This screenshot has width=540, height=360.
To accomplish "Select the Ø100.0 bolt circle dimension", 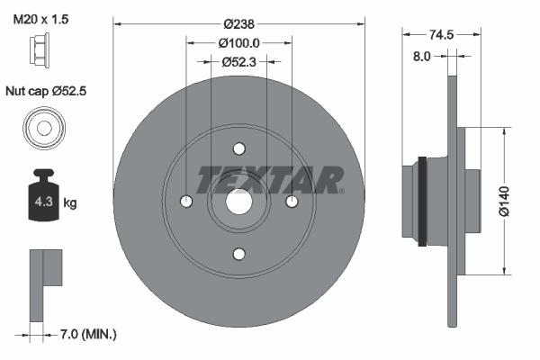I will tap(238, 41).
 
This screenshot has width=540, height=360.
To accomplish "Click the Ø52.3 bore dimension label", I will tap(238, 61).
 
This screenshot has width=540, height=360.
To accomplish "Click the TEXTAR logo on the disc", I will tap(268, 179).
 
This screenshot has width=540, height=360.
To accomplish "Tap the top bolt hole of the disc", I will tap(238, 149).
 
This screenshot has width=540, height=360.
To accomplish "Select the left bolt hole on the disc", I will tap(186, 202).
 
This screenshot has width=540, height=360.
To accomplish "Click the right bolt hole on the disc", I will tap(292, 202).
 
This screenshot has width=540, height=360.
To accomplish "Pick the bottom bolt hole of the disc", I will tap(238, 254).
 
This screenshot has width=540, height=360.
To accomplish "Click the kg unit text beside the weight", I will tap(70, 202).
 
